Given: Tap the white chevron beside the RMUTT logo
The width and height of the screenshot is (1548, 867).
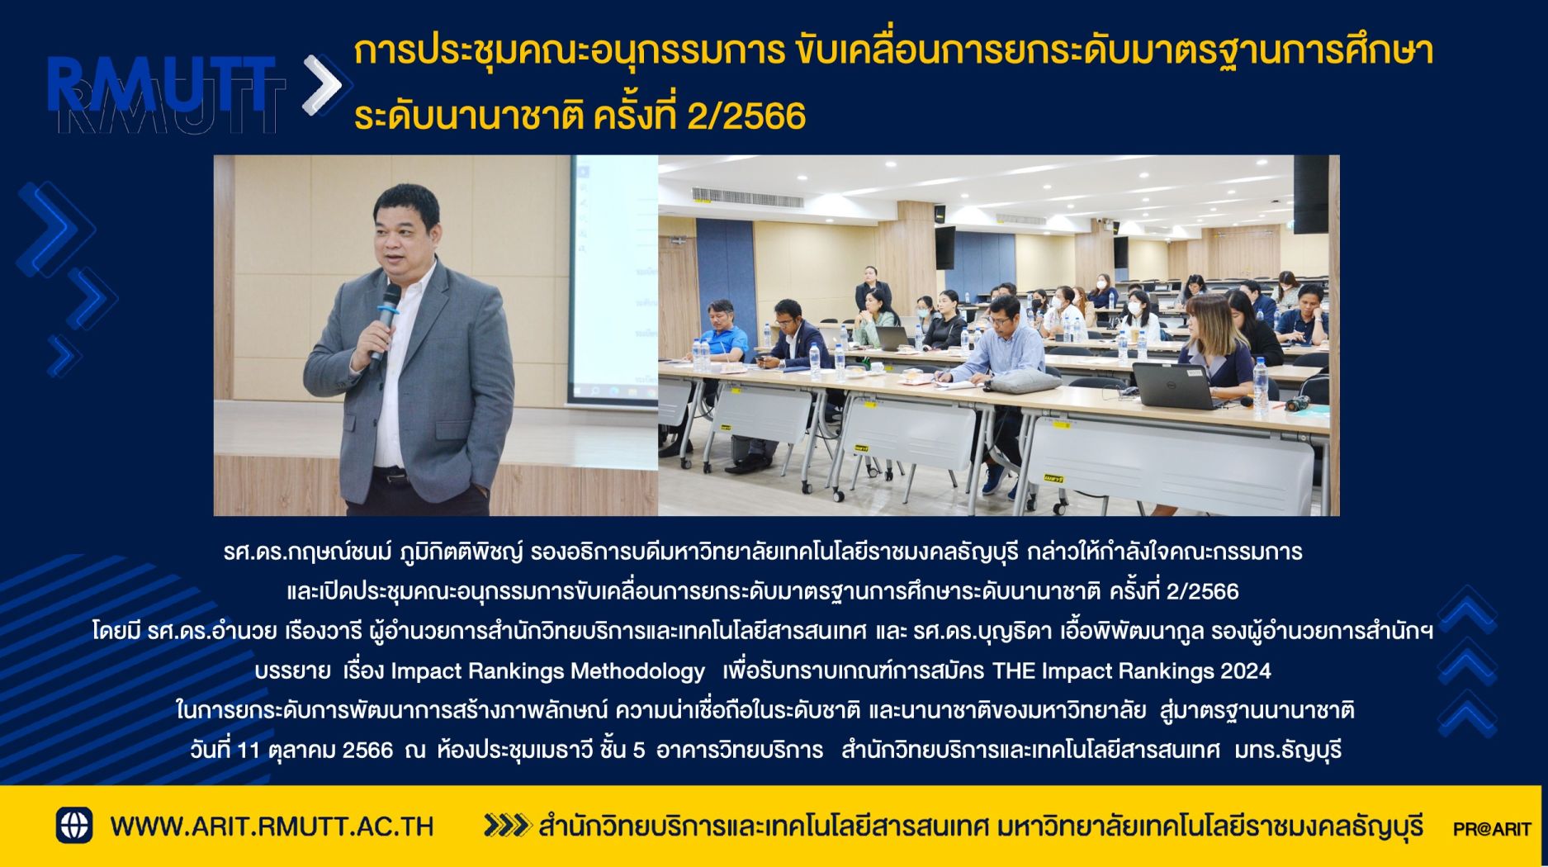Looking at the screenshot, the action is [323, 84].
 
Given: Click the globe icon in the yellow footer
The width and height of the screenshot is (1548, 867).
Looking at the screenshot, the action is [74, 825].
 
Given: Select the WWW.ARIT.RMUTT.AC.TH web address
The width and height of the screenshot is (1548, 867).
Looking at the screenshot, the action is [272, 826].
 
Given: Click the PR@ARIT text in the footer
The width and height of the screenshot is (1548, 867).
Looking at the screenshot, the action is [1492, 828].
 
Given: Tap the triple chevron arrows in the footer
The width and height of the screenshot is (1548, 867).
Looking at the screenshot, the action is [506, 825].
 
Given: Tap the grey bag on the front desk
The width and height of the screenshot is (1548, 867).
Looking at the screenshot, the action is [1022, 381].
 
